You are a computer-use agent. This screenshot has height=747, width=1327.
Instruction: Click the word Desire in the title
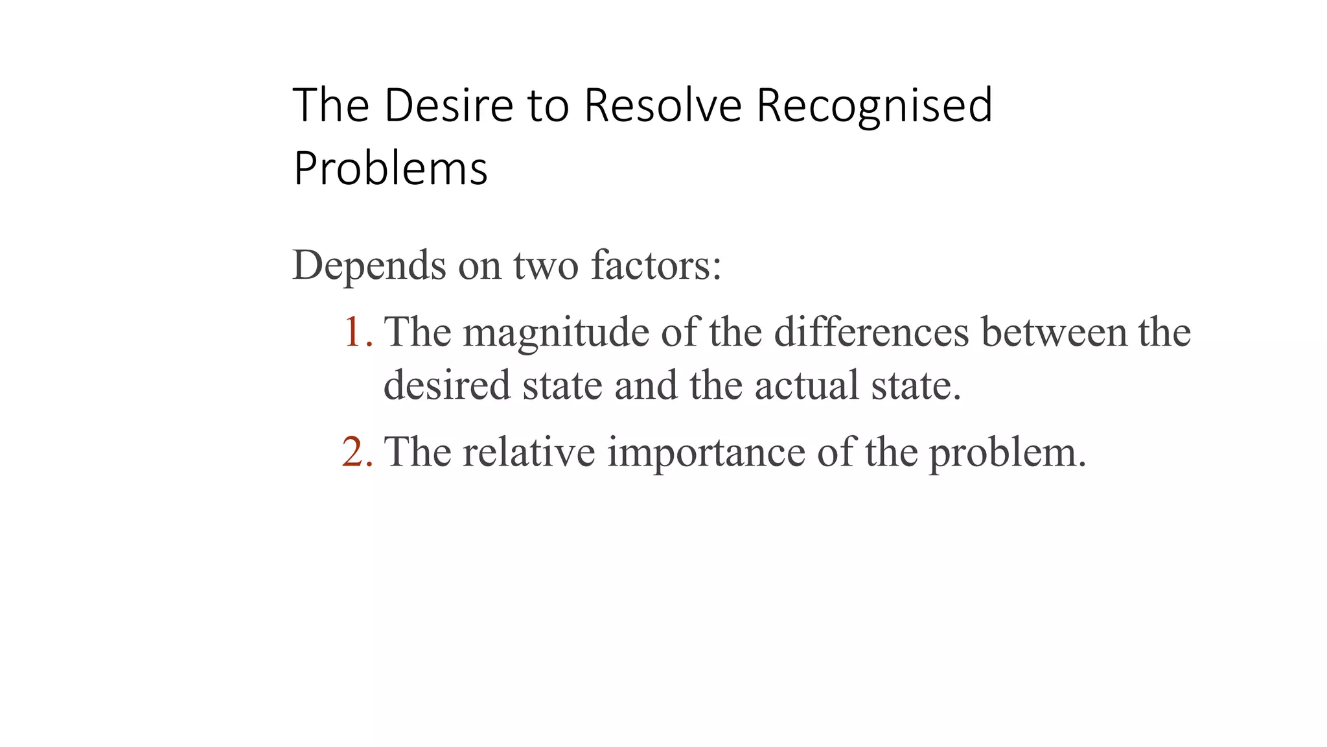(x=448, y=105)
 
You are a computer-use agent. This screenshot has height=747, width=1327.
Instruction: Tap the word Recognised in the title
(x=874, y=106)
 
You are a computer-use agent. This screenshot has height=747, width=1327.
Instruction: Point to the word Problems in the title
(x=390, y=169)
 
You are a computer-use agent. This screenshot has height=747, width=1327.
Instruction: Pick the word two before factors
(x=546, y=266)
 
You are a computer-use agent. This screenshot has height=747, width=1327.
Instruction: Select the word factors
(x=656, y=266)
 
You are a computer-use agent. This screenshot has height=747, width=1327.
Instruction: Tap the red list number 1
(x=356, y=332)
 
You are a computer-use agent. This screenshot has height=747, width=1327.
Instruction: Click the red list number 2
(x=356, y=452)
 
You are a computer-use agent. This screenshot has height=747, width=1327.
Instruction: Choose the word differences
(x=871, y=332)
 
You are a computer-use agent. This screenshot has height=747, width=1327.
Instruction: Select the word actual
(x=806, y=385)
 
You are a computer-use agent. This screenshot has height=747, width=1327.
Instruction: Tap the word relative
(x=529, y=452)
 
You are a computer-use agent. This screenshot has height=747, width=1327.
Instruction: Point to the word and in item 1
(x=645, y=385)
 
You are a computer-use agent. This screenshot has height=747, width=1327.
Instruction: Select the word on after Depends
(x=479, y=266)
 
